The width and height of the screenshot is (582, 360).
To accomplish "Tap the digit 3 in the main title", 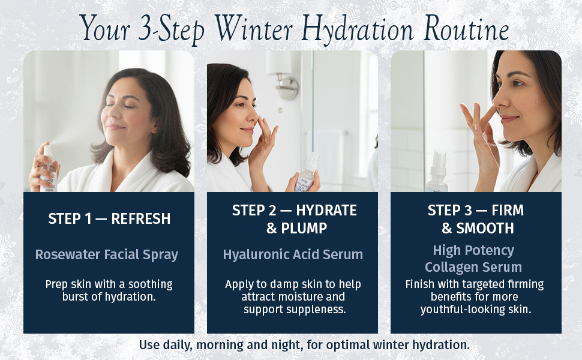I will pos(143,28).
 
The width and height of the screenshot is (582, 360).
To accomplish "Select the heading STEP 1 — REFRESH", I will pos(109,219).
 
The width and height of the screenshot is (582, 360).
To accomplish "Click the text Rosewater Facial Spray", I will pos(107,254).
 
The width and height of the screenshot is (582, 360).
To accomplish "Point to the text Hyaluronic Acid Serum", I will pos(293,254).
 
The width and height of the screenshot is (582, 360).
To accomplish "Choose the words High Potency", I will pos(473,250).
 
